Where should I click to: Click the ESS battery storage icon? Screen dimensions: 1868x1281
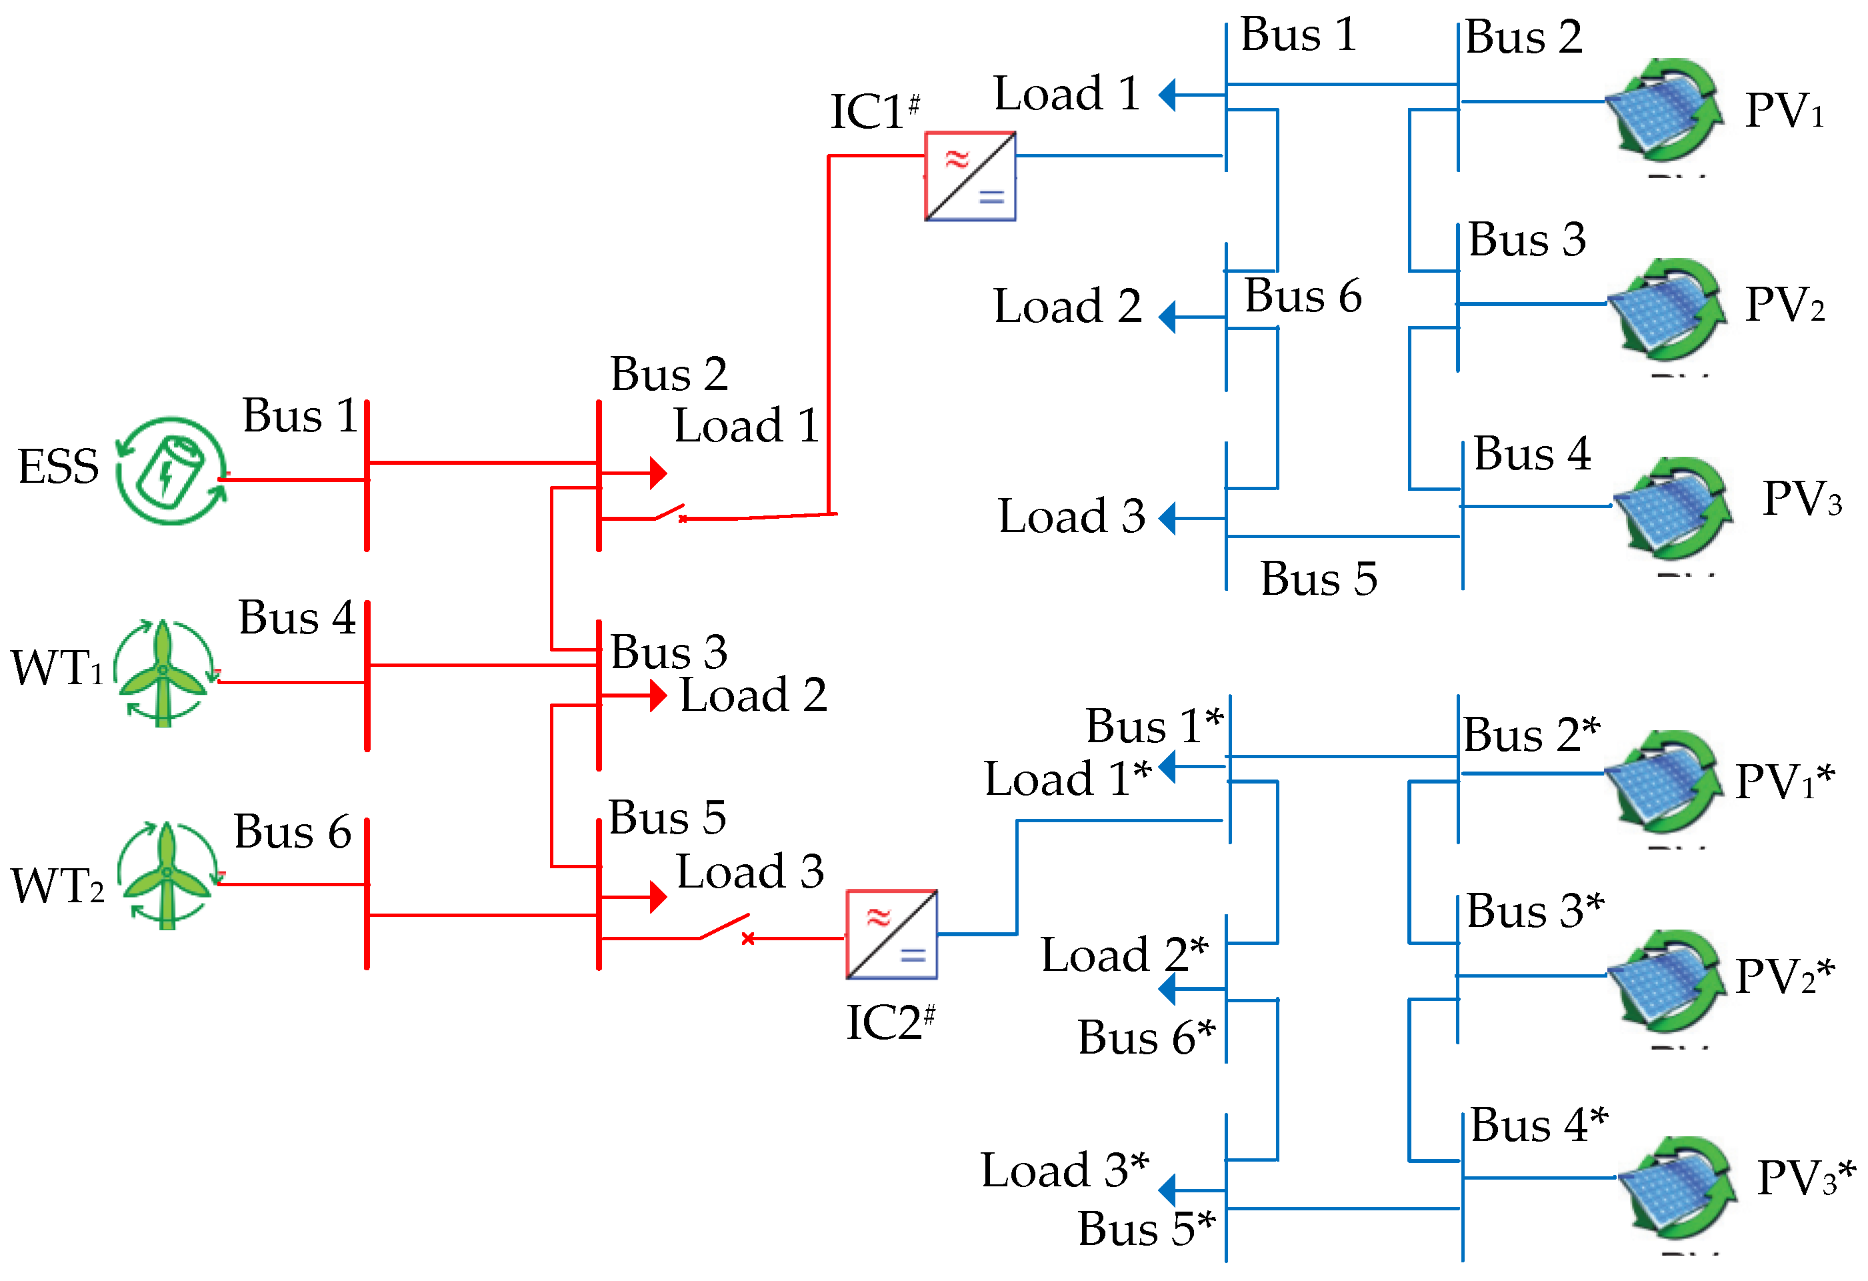pyautogui.click(x=171, y=471)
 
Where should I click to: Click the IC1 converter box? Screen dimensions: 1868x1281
pyautogui.click(x=970, y=177)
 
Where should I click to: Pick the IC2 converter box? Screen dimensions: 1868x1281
pyautogui.click(x=891, y=934)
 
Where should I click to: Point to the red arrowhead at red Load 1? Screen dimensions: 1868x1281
pyautogui.click(x=658, y=473)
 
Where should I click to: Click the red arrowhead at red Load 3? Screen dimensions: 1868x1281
pyautogui.click(x=658, y=897)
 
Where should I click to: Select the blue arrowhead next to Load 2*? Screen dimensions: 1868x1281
pyautogui.click(x=1168, y=988)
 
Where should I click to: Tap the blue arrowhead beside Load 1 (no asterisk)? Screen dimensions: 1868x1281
pyautogui.click(x=1168, y=95)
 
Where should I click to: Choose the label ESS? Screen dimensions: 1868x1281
pyautogui.click(x=58, y=466)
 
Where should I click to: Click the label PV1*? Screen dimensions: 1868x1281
pyautogui.click(x=1785, y=781)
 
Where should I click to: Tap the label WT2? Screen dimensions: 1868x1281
pyautogui.click(x=58, y=886)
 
